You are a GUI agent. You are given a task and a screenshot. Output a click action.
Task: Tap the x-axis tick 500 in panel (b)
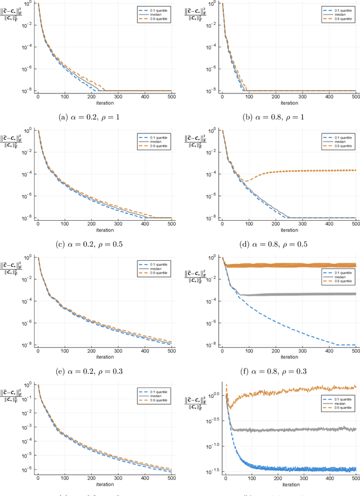point(354,97)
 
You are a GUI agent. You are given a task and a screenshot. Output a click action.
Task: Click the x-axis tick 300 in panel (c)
point(118,224)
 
